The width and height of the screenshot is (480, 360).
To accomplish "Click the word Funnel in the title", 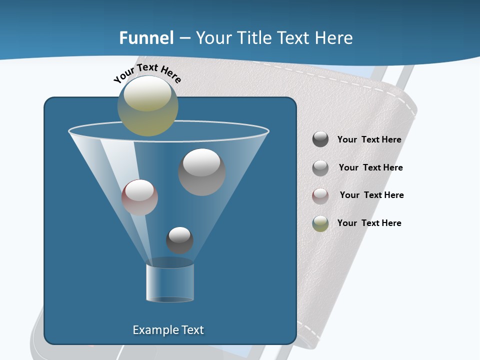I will pyautogui.click(x=146, y=38).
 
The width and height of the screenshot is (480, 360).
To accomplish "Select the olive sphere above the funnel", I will pyautogui.click(x=148, y=105).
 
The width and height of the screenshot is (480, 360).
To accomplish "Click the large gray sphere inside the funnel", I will pyautogui.click(x=201, y=171).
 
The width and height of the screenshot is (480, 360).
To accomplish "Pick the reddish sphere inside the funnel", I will pyautogui.click(x=139, y=197).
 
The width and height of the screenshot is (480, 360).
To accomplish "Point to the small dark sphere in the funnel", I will pyautogui.click(x=179, y=240).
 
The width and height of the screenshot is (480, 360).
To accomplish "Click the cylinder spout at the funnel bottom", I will pyautogui.click(x=170, y=282).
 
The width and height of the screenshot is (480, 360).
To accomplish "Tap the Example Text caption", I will pyautogui.click(x=168, y=330).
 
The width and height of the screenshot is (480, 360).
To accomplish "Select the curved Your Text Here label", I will pyautogui.click(x=147, y=73).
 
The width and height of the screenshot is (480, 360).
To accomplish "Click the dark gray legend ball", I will pyautogui.click(x=320, y=139).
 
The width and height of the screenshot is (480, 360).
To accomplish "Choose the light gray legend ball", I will pyautogui.click(x=320, y=167).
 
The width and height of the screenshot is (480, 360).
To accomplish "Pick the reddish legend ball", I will pyautogui.click(x=320, y=195).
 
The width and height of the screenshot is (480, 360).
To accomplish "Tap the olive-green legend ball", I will pyautogui.click(x=320, y=223).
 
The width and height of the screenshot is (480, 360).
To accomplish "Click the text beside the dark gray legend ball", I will pyautogui.click(x=369, y=140).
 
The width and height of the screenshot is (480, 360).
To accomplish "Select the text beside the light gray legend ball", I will pyautogui.click(x=370, y=168).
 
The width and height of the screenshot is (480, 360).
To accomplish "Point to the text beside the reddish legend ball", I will pyautogui.click(x=371, y=195).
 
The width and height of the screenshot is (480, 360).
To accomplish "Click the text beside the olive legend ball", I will pyautogui.click(x=369, y=223).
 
